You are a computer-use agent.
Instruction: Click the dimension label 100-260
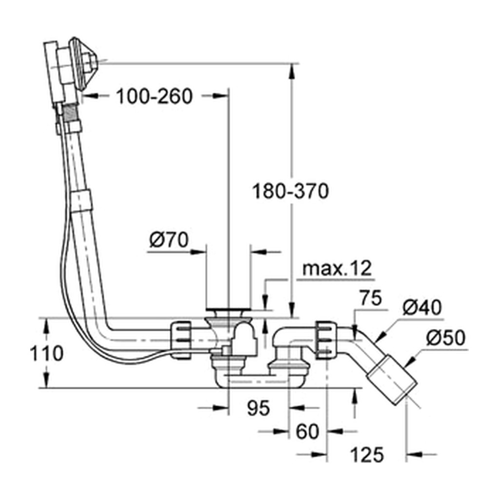154,96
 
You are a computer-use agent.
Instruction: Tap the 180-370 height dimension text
290,191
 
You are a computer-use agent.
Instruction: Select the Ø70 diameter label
169,240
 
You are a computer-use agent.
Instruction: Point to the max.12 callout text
337,269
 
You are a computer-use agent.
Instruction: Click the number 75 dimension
371,298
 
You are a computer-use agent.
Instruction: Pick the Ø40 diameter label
422,308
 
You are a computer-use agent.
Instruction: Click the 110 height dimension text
46,353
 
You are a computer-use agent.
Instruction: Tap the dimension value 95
258,408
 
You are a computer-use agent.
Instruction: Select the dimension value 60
307,432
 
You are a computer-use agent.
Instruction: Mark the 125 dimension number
367,455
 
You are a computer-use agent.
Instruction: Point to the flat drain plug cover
228,309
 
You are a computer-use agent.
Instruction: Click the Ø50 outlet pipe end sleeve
392,380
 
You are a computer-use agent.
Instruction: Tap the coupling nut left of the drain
180,340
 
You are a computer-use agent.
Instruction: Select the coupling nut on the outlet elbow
326,340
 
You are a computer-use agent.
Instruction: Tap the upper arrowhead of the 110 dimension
46,325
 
